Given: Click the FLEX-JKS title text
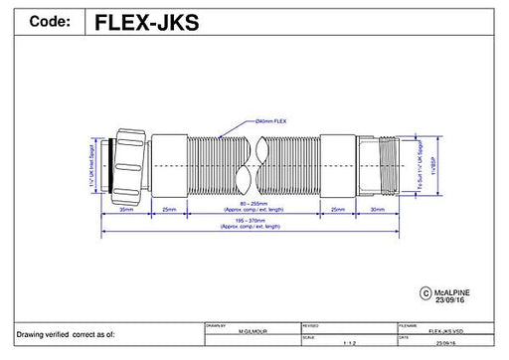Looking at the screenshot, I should pyautogui.click(x=146, y=22).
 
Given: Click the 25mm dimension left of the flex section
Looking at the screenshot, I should pyautogui.click(x=170, y=212).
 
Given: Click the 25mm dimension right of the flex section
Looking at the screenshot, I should pyautogui.click(x=339, y=212).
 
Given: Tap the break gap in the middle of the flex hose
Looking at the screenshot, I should pyautogui.click(x=254, y=164).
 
